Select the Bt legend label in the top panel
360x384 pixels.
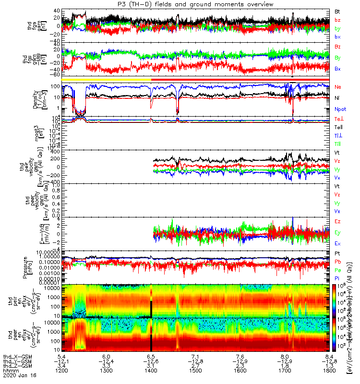point(338,11)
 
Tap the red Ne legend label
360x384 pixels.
point(338,87)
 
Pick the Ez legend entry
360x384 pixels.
point(338,221)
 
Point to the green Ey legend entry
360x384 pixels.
point(338,232)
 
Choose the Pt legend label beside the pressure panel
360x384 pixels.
point(337,253)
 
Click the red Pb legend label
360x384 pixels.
point(338,261)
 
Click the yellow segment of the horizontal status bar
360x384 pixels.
point(103,79)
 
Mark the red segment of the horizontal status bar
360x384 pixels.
point(240,79)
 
